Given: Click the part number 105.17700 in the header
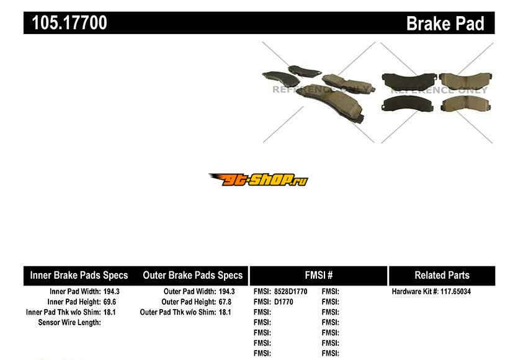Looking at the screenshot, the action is [x=69, y=23].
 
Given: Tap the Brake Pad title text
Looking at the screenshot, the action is [x=445, y=24].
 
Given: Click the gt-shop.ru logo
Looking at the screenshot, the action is [x=259, y=179].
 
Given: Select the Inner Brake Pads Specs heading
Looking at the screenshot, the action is [x=79, y=276].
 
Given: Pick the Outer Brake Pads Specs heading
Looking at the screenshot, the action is [x=192, y=276].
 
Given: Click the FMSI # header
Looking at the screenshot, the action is [x=319, y=275].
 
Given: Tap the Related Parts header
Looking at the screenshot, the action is [x=442, y=275].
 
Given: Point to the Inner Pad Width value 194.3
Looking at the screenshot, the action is [x=111, y=292].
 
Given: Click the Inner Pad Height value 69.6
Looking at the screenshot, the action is [x=110, y=302].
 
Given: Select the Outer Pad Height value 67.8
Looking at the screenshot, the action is [x=225, y=302].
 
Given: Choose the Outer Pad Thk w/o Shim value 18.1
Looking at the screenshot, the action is [x=225, y=312].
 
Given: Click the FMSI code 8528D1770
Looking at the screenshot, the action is [x=291, y=292].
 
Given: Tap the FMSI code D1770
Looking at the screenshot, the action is [x=284, y=302].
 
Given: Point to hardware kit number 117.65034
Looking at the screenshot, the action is [x=455, y=292].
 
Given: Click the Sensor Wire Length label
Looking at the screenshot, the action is [x=69, y=322].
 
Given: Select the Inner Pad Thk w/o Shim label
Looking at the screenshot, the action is [x=63, y=312].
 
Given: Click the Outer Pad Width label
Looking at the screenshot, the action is [x=190, y=292].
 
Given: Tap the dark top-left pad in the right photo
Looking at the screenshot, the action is [x=409, y=82].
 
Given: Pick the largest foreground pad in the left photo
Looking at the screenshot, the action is [x=331, y=102].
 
